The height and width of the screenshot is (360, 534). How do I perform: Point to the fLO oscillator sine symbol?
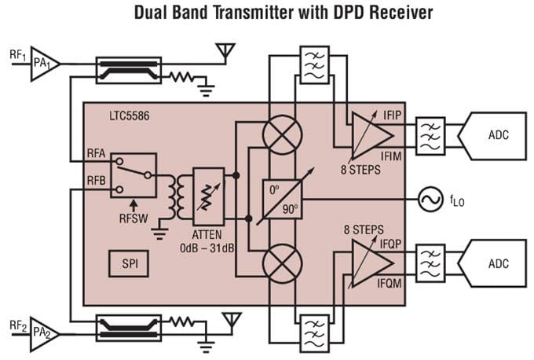click(x=431, y=199)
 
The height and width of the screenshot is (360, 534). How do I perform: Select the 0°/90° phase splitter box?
click(x=281, y=199)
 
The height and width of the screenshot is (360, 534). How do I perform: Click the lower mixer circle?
click(x=281, y=261)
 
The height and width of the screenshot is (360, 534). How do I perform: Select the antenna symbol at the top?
click(x=226, y=52)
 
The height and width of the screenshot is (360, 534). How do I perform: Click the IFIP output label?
click(x=391, y=114)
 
